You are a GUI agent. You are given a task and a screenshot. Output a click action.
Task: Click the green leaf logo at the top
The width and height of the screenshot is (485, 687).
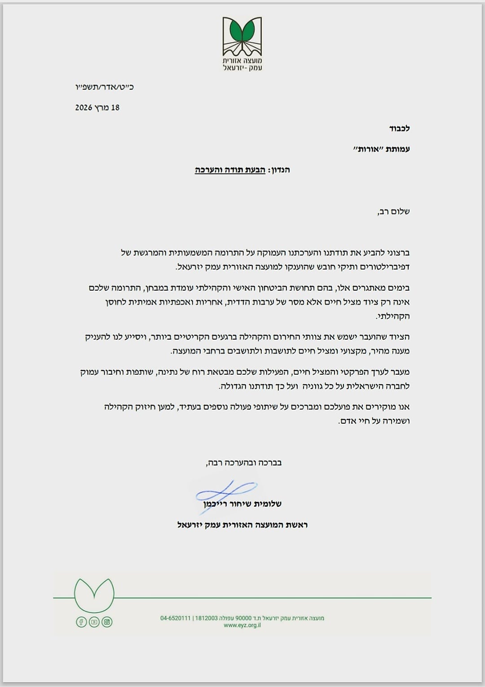tap(242, 33)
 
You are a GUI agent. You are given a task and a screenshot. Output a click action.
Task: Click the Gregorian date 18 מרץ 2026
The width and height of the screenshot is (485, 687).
tap(97, 108)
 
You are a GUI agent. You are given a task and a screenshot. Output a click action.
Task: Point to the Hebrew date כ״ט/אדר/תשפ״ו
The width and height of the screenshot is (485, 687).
tap(104, 87)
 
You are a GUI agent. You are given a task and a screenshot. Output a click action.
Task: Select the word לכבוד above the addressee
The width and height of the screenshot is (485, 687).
tap(399, 129)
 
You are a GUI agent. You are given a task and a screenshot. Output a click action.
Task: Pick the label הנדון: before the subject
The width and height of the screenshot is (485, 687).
tap(279, 170)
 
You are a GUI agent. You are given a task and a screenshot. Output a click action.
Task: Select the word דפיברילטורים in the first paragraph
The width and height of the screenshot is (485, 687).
tap(385, 266)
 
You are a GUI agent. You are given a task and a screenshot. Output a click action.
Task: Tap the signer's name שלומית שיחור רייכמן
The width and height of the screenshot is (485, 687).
tap(242, 504)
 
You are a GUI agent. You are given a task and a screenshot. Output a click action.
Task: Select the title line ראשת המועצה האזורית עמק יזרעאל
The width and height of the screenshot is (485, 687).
tap(242, 524)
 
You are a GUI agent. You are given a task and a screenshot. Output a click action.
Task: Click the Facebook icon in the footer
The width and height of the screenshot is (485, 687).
tap(81, 622)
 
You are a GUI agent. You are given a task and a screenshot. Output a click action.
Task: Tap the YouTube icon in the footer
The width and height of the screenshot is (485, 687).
tap(94, 622)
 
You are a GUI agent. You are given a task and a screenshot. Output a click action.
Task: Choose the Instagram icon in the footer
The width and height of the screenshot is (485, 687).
tap(107, 622)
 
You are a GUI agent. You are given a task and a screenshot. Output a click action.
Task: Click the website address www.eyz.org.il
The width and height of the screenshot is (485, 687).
tap(242, 625)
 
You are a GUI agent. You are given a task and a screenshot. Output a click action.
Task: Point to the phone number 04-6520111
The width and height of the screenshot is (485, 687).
tap(176, 618)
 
